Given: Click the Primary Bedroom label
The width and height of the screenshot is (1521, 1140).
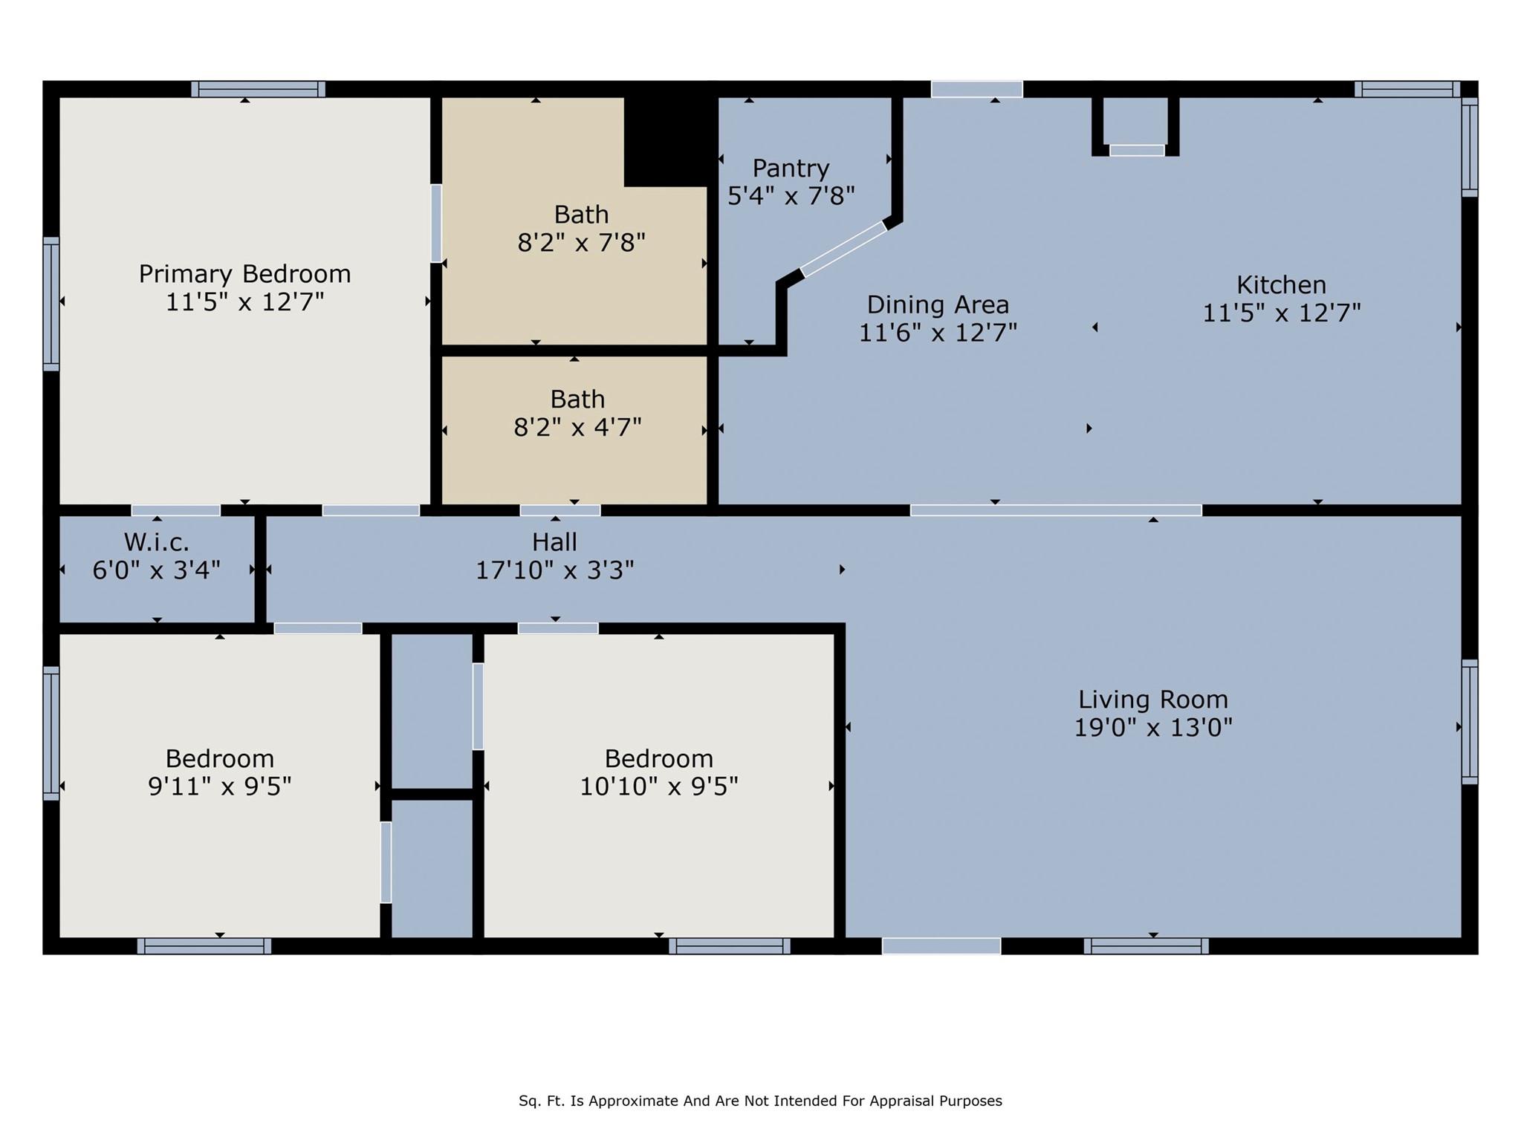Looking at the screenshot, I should click(x=244, y=274).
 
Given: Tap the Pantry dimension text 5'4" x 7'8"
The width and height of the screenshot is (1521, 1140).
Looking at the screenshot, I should click(x=791, y=196).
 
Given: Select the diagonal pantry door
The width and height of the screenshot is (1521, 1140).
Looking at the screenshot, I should click(x=843, y=249).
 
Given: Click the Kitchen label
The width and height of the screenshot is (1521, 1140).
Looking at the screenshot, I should click(x=1281, y=285).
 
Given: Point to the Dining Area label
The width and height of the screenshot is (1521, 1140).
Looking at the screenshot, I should click(x=938, y=304).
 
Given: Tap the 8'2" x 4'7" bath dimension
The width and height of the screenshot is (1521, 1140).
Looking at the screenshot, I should click(x=577, y=428).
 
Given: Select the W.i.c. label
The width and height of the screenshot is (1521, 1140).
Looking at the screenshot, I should click(x=156, y=542).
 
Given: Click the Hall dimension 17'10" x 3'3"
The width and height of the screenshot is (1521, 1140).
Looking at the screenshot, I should click(x=554, y=570).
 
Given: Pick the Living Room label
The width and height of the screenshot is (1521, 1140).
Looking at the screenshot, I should click(x=1152, y=700).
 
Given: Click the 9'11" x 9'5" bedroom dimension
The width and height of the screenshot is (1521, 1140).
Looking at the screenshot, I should click(x=219, y=786).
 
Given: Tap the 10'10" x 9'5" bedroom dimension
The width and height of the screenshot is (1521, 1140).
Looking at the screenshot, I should click(x=658, y=786).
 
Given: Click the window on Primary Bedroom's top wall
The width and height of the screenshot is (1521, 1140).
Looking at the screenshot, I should click(x=258, y=89).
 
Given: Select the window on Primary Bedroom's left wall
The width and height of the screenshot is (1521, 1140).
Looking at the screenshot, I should click(x=51, y=303).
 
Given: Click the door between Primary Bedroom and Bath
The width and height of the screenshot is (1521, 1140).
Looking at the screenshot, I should click(x=436, y=223).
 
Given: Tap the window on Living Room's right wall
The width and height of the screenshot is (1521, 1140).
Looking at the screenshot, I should click(x=1469, y=721).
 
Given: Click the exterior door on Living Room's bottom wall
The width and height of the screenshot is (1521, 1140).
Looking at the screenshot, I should click(x=941, y=946).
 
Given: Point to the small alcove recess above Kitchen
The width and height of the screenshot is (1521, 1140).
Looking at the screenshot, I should click(x=1135, y=125).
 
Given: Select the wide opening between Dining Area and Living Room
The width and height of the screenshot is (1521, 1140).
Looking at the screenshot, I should click(x=1055, y=510).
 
